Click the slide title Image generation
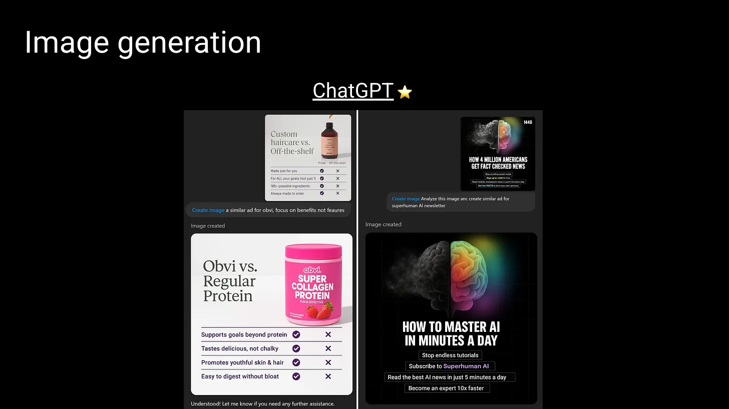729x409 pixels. [143, 43]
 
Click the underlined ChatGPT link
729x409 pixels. [352, 91]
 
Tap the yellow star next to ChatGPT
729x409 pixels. [405, 92]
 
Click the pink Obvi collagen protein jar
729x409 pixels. [314, 284]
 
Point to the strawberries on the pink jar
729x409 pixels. [319, 310]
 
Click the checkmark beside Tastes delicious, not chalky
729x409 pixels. [296, 348]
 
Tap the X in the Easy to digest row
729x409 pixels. [328, 376]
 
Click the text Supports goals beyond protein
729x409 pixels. [244, 334]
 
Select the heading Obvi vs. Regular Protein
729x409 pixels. [230, 281]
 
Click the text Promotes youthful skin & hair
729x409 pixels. [242, 362]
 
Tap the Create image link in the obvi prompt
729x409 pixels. [208, 210]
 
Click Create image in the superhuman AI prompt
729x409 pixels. [406, 199]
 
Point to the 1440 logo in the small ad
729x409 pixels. [528, 122]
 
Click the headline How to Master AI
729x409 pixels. [451, 334]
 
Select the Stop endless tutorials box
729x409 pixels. [450, 355]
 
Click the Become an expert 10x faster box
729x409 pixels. [447, 388]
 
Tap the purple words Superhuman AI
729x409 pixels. [466, 366]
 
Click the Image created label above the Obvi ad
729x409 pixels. [208, 226]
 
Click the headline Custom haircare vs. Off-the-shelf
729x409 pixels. [292, 143]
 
